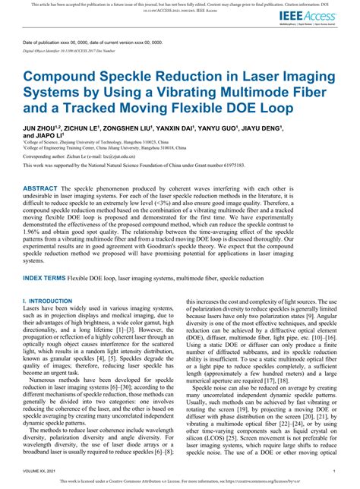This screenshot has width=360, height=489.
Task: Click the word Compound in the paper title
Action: pyautogui.click(x=60, y=79)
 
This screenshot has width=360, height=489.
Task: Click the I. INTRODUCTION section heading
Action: pyautogui.click(x=50, y=301)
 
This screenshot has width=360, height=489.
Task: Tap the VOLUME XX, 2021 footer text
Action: pyautogui.click(x=43, y=471)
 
